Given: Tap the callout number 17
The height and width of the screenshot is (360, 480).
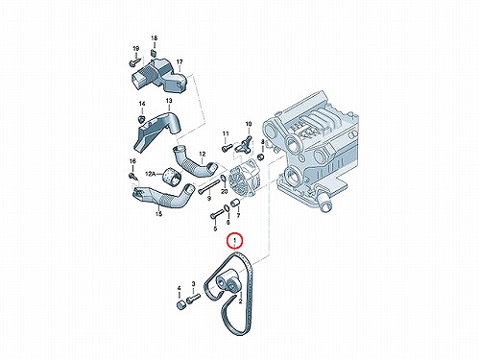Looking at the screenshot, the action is pos(180,61).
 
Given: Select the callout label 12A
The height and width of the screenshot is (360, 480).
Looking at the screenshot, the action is pos(150,174).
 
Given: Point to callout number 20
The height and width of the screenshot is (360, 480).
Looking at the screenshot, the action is pos(225,191).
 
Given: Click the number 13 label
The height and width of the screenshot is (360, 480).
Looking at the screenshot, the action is pos(169,101).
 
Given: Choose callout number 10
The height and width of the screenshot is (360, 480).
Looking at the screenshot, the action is pos(249,124).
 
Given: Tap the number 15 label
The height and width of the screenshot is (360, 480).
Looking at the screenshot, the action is pos(158,214).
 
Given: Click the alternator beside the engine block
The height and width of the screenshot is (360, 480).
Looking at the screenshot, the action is pos(245,180).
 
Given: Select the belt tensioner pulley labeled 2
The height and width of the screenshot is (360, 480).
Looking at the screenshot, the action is pos(228,281).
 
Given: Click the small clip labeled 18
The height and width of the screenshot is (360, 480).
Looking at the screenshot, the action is pos(154,53).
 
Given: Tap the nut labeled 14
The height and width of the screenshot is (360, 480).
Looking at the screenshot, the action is pos(141,119).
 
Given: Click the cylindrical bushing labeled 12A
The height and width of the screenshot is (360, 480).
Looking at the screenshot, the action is pos(172,175).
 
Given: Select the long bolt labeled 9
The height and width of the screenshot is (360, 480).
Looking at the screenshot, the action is pos(209,186).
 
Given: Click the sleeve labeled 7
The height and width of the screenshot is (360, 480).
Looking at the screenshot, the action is pos(236,204).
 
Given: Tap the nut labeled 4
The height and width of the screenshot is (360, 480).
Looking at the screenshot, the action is pos(180,304).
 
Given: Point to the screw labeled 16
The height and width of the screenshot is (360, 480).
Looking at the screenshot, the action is pos(132,176).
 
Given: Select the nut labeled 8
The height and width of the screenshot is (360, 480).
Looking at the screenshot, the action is pos(261,156).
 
